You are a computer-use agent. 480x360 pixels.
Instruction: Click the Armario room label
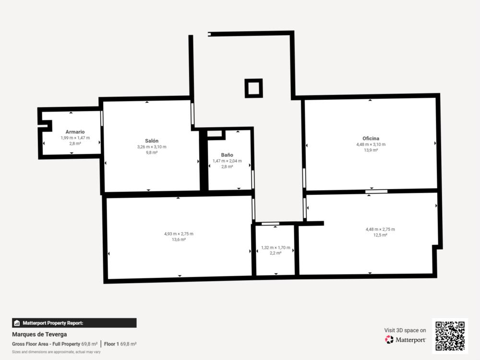coord(75,132)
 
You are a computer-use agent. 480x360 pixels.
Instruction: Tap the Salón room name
coord(152,141)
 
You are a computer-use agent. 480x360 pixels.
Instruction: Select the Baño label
coord(227,155)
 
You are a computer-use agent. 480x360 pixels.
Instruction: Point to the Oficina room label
coord(371,138)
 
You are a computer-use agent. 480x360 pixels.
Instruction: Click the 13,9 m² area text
coord(371,150)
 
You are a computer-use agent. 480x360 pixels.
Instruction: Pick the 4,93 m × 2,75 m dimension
coord(179,234)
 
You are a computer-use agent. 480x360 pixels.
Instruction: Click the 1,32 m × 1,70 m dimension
coord(276,248)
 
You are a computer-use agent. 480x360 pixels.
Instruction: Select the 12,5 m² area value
coord(380,235)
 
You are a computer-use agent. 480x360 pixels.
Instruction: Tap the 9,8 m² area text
coord(152,153)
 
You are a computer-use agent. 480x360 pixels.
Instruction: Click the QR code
coord(450,336)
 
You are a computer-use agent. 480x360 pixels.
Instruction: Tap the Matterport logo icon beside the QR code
coord(389,339)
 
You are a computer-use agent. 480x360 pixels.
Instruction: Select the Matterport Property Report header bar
coord(74,323)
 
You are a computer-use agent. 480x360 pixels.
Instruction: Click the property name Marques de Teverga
coord(39,334)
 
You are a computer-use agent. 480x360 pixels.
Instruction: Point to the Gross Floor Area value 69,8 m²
coord(89,344)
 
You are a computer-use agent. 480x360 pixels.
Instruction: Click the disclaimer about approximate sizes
coord(56,352)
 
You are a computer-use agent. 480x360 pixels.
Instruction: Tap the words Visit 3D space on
coord(405,330)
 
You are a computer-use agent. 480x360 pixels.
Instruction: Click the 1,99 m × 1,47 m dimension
coord(75,138)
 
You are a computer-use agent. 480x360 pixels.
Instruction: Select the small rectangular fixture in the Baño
coord(215,134)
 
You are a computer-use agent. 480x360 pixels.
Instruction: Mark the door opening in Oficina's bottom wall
coord(376,192)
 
